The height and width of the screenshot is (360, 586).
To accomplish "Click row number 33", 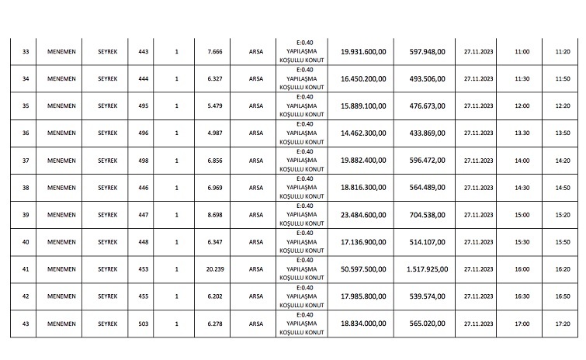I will click(x=26, y=51).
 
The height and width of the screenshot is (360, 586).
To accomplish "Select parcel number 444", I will click(x=142, y=78).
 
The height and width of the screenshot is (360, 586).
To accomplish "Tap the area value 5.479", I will click(x=215, y=106).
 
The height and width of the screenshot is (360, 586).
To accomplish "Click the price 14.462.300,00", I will click(x=363, y=133).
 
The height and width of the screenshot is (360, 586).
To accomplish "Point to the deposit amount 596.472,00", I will click(x=427, y=161).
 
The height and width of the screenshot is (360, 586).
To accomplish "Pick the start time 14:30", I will click(x=522, y=188).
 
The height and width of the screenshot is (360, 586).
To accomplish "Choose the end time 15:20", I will click(x=563, y=215).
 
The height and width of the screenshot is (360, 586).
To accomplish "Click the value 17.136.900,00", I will click(x=363, y=242).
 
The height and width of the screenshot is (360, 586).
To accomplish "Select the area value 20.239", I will click(x=215, y=269).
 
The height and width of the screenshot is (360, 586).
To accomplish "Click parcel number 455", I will click(x=142, y=296).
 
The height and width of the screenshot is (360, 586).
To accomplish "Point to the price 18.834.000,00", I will click(x=363, y=324).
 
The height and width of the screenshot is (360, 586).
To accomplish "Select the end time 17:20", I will click(x=563, y=324).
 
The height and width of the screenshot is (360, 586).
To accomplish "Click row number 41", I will click(x=26, y=269).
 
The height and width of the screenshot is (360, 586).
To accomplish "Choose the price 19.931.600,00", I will click(x=363, y=51).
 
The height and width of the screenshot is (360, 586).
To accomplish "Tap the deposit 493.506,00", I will click(x=427, y=78).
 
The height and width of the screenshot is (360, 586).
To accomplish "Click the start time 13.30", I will click(x=522, y=133).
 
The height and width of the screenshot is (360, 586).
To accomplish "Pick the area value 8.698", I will click(x=215, y=215).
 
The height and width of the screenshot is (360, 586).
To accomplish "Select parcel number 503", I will click(x=142, y=324).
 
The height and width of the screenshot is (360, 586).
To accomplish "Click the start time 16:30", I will click(x=522, y=296).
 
